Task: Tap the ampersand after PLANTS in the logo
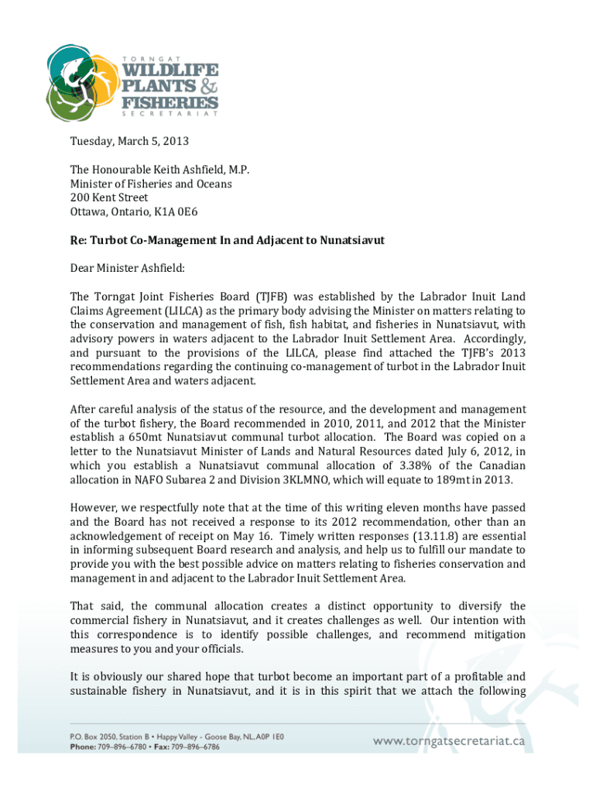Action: [x=208, y=86]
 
